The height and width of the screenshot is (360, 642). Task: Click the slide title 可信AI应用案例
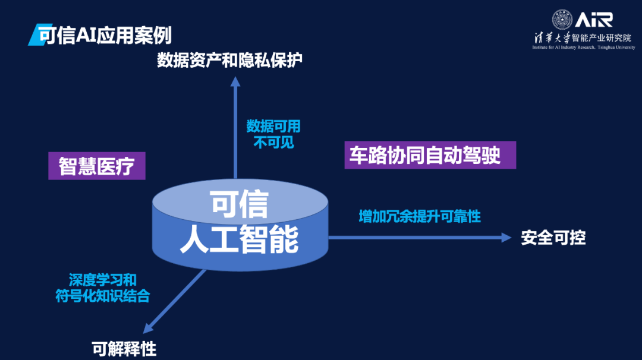pyautogui.click(x=104, y=35)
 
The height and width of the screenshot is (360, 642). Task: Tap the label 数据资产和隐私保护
pyautogui.click(x=229, y=60)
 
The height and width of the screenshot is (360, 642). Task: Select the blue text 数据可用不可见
pyautogui.click(x=273, y=134)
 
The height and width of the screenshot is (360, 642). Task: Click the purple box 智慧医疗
pyautogui.click(x=97, y=166)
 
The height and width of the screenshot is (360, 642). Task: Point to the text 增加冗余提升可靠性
pyautogui.click(x=420, y=216)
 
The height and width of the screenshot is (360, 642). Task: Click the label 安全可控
pyautogui.click(x=553, y=238)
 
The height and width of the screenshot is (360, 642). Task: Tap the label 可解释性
pyautogui.click(x=124, y=349)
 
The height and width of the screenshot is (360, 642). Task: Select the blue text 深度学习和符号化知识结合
pyautogui.click(x=102, y=288)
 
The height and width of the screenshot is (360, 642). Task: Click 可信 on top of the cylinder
pyautogui.click(x=239, y=204)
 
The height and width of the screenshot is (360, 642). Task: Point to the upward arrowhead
pyautogui.click(x=235, y=83)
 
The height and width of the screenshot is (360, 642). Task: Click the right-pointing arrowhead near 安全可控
pyautogui.click(x=506, y=238)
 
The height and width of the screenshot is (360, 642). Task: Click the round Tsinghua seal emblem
pyautogui.click(x=562, y=20)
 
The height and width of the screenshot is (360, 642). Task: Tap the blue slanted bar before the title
pyautogui.click(x=33, y=35)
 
